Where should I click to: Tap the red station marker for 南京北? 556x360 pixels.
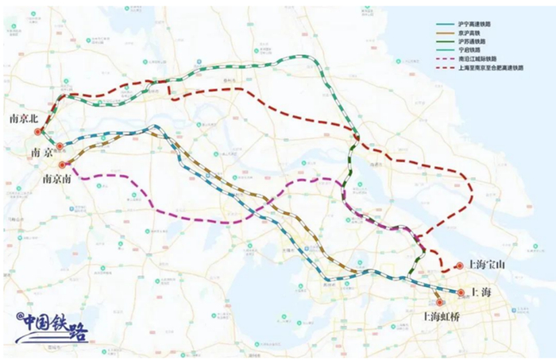click(x=37, y=131)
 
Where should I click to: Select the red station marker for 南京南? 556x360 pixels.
click(x=62, y=165)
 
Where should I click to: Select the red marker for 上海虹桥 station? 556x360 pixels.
click(x=439, y=302)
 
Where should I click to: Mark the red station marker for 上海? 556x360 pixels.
click(x=461, y=292)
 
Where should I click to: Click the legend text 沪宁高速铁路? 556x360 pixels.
click(x=476, y=25)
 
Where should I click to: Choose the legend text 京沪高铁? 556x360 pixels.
click(x=472, y=36)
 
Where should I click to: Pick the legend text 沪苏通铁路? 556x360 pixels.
click(x=474, y=46)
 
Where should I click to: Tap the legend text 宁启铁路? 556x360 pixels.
click(x=472, y=56)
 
